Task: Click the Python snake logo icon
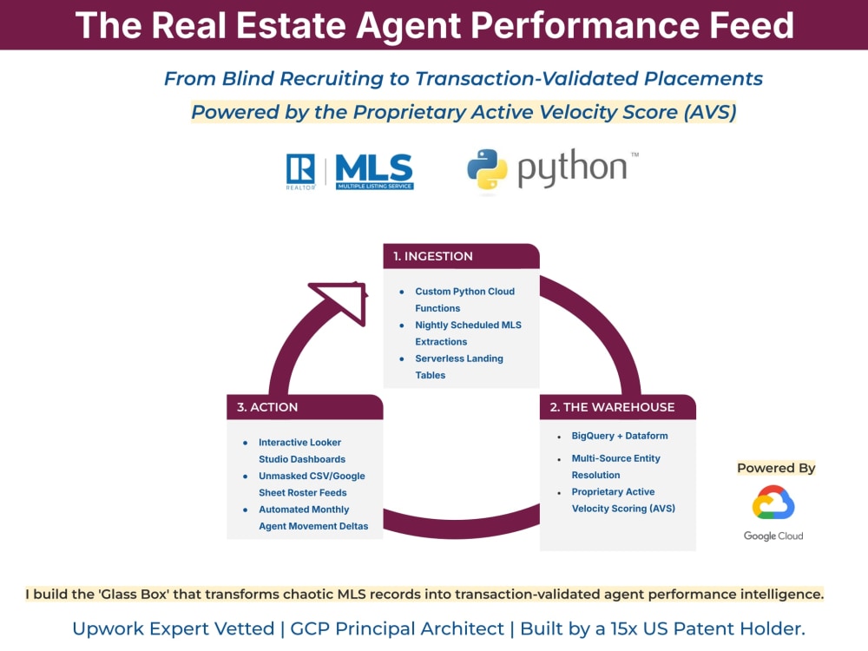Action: point(487,169)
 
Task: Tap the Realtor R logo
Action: point(300,169)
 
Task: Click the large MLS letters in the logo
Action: point(374,168)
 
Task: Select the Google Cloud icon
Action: point(773,502)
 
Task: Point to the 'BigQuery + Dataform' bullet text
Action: point(620,436)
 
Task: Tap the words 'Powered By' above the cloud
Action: point(776,468)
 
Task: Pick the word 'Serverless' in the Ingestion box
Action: point(438,358)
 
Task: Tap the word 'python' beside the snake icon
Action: point(571,168)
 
